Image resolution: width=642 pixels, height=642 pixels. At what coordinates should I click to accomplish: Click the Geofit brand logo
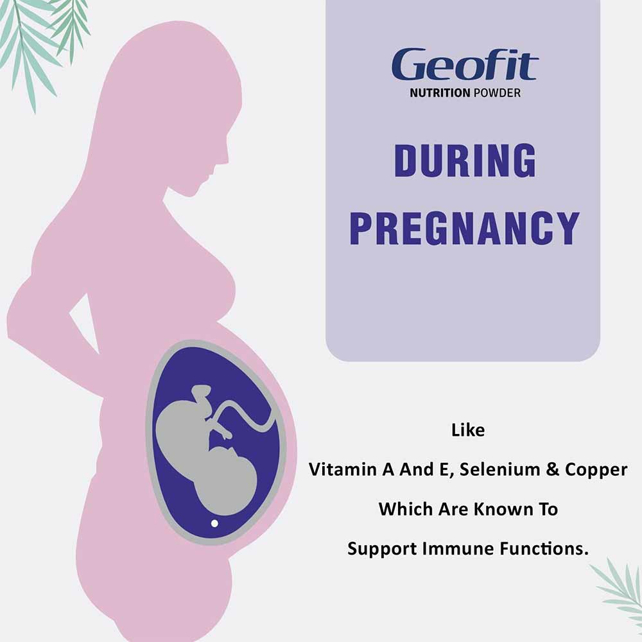click(465, 65)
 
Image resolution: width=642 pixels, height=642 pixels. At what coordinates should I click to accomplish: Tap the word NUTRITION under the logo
click(440, 93)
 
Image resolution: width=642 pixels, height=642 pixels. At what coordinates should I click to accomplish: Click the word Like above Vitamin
click(468, 429)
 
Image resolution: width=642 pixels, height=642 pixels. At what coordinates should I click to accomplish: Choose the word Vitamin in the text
click(342, 469)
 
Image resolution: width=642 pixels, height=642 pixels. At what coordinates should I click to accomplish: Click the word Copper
click(596, 469)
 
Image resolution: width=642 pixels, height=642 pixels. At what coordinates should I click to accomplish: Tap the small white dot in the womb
click(214, 523)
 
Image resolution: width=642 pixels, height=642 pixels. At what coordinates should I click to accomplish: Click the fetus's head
click(228, 475)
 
